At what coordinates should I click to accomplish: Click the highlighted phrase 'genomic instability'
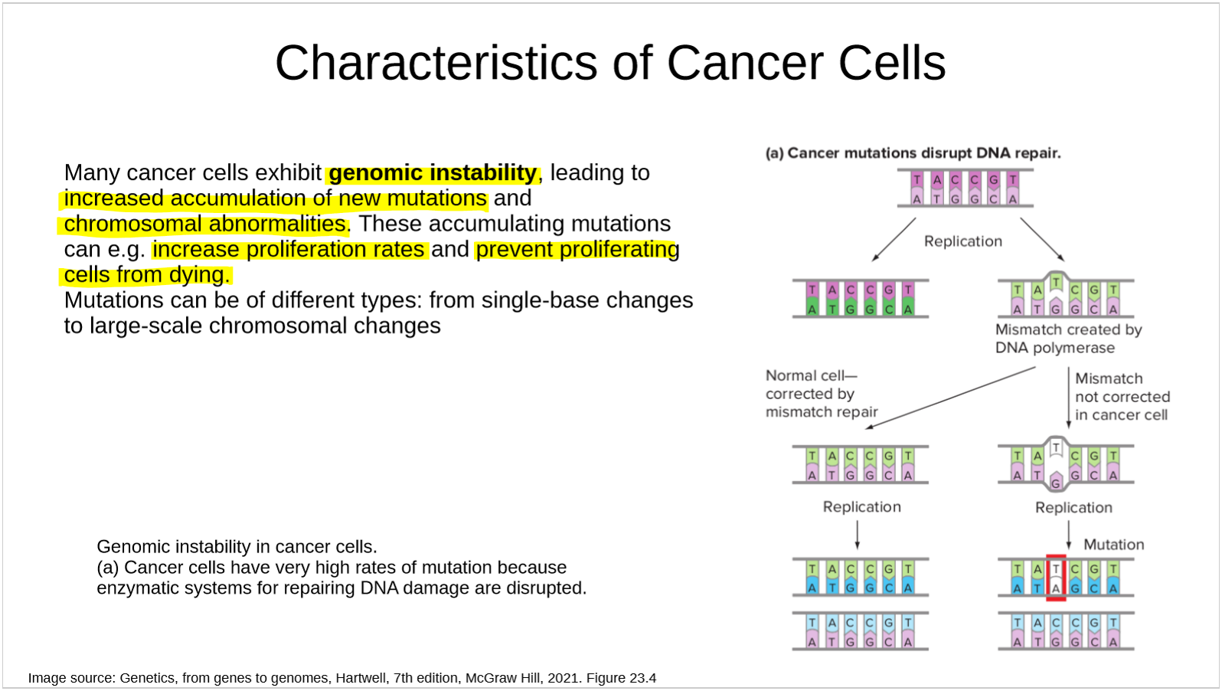click(433, 173)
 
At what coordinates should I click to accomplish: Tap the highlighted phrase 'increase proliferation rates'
click(289, 250)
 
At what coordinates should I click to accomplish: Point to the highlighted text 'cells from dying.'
click(147, 275)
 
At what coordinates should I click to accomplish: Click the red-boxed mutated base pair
click(1056, 578)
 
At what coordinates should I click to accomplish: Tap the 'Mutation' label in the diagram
click(1113, 544)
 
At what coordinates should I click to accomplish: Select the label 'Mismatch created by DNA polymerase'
click(1068, 339)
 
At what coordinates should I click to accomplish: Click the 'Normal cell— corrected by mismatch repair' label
click(822, 394)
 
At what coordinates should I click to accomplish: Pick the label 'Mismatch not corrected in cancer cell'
click(1122, 397)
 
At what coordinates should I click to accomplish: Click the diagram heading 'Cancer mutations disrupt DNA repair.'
click(924, 153)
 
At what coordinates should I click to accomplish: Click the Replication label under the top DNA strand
click(963, 241)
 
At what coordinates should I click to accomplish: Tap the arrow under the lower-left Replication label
click(857, 535)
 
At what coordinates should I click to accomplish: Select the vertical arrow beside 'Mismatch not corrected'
click(1069, 398)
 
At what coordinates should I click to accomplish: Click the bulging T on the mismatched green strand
click(1057, 282)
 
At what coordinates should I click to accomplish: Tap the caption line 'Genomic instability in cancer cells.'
click(237, 546)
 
